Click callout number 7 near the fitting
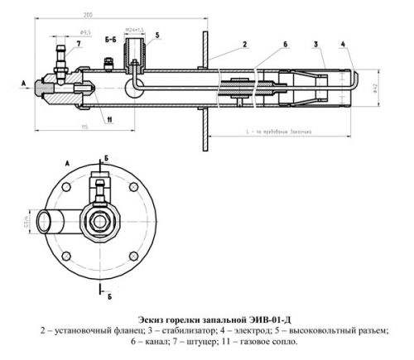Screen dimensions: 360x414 coord(79,42)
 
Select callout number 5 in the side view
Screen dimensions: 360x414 coord(157,36)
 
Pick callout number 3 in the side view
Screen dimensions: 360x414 coord(316,41)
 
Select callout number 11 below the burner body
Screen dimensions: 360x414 coord(108,119)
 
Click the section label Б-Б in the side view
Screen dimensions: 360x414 coord(110,38)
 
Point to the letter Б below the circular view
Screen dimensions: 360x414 coord(109,293)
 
